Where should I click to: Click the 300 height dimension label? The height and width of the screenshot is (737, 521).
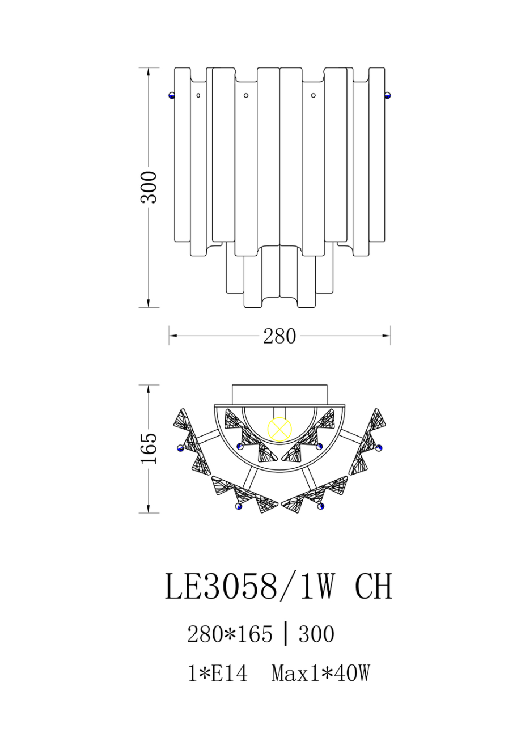149,187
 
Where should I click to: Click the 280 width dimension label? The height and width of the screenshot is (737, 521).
279,337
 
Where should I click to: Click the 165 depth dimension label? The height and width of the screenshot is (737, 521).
149,448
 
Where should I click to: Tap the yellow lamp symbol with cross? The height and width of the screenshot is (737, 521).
279,429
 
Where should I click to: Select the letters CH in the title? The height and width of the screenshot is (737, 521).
373,586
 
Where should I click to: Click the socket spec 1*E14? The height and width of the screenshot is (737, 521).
218,674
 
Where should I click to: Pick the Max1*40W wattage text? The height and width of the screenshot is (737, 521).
321,674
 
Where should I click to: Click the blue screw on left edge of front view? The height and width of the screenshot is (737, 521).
172,95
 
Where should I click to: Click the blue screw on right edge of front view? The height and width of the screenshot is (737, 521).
388,95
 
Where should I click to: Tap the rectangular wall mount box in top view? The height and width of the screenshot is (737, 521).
279,395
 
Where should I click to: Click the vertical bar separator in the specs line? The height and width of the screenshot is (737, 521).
286,634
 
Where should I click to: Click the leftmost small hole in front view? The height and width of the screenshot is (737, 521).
198,95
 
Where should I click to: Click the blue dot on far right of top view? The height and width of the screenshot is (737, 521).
379,448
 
